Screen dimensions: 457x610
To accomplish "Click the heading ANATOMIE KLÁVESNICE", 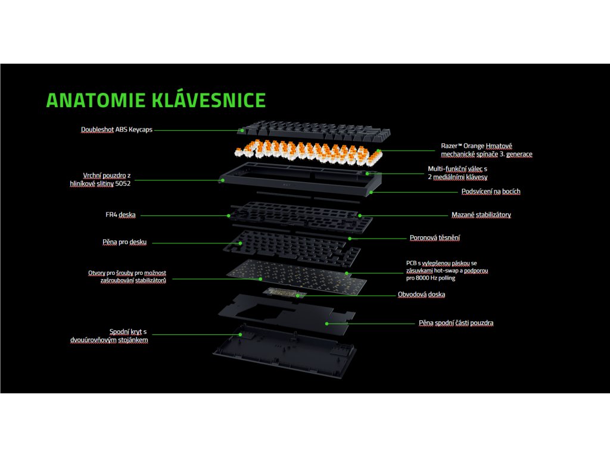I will pyautogui.click(x=156, y=100).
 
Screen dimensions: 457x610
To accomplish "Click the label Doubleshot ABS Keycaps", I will pyautogui.click(x=117, y=129).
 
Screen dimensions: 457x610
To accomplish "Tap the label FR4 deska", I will pyautogui.click(x=117, y=215).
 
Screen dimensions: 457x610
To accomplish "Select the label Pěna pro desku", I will pyautogui.click(x=125, y=242).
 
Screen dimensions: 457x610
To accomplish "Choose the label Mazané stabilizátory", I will pyautogui.click(x=481, y=215).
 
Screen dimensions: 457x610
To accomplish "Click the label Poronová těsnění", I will pyautogui.click(x=434, y=238).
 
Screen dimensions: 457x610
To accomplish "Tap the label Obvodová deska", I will pyautogui.click(x=421, y=295).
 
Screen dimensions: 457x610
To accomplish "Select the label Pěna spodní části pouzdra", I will pyautogui.click(x=456, y=323).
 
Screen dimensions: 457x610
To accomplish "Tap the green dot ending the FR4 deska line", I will pyautogui.click(x=229, y=215).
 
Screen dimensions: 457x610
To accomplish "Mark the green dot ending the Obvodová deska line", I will pyautogui.click(x=298, y=295).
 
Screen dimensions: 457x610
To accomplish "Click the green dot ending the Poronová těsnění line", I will pyautogui.click(x=350, y=239).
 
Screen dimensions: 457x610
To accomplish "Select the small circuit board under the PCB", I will pyautogui.click(x=285, y=292).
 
